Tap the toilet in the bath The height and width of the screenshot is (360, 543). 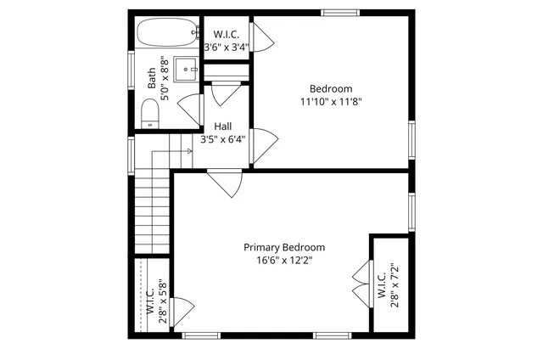(x=151, y=112)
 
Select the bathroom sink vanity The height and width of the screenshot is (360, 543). (x=187, y=67)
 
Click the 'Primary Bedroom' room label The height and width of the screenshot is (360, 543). (x=284, y=247)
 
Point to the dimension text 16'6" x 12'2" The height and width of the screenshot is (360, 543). (x=284, y=261)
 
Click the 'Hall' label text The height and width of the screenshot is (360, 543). (x=224, y=127)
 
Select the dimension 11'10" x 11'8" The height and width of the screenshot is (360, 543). (x=331, y=101)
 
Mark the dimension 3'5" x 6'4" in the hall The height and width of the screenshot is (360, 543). (x=224, y=139)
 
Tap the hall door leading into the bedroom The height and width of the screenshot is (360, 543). (x=265, y=139)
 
